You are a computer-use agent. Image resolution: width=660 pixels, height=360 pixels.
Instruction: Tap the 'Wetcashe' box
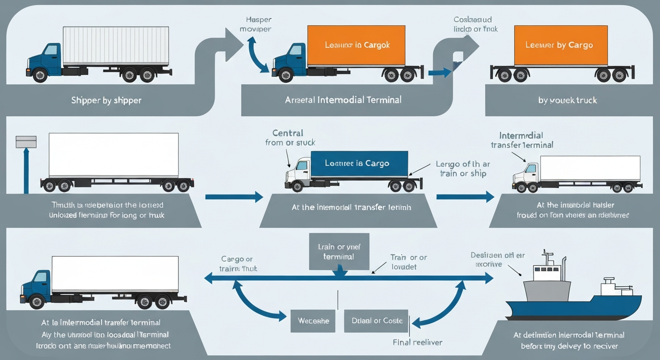(x=313, y=321)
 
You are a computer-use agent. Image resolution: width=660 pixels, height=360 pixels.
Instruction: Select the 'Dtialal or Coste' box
(x=376, y=321)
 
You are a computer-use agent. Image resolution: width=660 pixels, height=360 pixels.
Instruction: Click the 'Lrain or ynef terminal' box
(x=339, y=251)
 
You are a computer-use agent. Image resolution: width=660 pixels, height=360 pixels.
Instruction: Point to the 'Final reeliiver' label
(x=417, y=342)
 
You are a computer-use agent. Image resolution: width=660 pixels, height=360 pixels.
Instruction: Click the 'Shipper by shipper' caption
(x=106, y=100)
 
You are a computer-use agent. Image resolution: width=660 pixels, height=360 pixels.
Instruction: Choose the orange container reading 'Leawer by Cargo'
(x=561, y=45)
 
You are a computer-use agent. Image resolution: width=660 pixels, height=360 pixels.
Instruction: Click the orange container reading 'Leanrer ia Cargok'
(x=357, y=45)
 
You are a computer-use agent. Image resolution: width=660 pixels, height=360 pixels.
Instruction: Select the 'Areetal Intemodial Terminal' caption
(x=343, y=100)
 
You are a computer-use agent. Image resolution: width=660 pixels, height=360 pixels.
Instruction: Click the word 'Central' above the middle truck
(x=288, y=133)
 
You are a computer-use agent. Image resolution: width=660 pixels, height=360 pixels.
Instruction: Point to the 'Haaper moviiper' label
(x=258, y=25)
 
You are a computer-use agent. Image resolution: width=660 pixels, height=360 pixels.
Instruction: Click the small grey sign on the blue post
(x=26, y=142)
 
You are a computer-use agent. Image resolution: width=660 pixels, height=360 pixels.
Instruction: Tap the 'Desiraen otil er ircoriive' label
(x=497, y=260)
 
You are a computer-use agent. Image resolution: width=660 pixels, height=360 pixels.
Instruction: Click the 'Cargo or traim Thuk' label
(x=238, y=264)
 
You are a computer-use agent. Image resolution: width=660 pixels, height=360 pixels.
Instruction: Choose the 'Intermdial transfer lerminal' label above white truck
(x=522, y=140)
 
